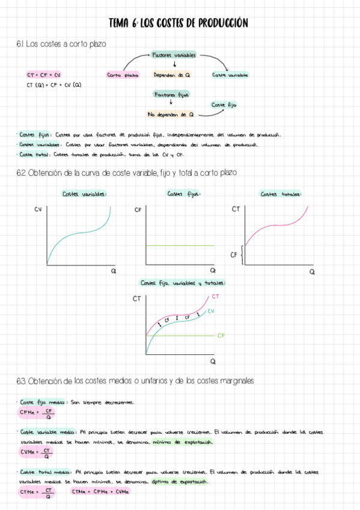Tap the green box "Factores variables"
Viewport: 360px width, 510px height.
174,55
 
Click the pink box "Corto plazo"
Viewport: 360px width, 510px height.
123,75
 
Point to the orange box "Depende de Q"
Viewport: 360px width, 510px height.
172,75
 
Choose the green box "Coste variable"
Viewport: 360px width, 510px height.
230,75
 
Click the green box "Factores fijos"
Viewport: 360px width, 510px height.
172,94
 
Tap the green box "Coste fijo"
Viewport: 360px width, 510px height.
224,105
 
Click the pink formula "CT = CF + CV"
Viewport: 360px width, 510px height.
44,75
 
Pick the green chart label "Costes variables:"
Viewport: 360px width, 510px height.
85,194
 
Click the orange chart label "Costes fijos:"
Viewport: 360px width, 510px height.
184,194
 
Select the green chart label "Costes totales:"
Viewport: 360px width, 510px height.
281,194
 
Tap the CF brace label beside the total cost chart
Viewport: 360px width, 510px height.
234,255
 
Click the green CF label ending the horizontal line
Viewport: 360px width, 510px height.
221,335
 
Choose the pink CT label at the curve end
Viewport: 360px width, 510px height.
215,296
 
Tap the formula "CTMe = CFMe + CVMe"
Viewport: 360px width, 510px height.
100,492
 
